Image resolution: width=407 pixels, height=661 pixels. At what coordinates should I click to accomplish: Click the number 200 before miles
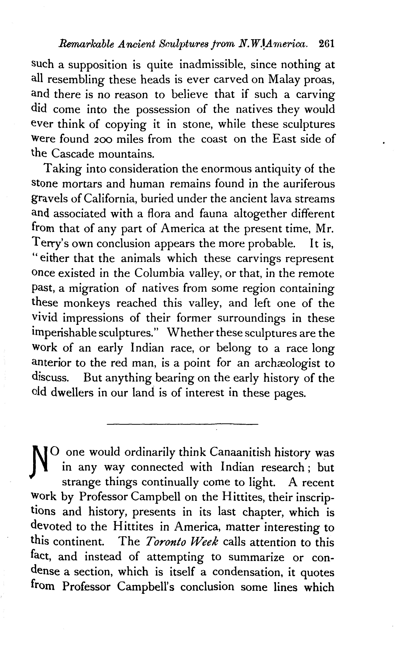tap(101, 139)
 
